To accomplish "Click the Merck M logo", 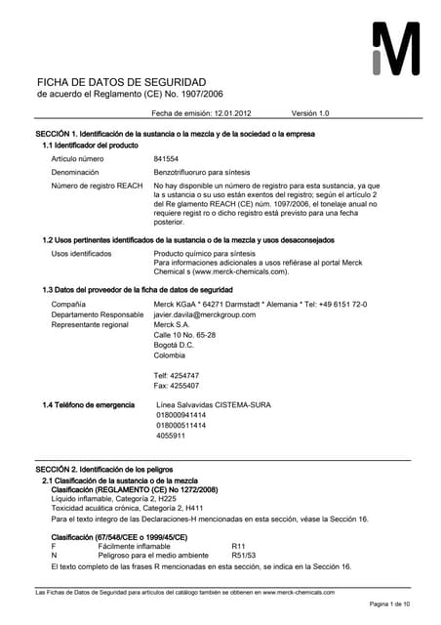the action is [396, 50].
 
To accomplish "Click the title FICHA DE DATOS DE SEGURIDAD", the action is [121, 81].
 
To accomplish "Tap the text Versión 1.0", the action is [311, 113].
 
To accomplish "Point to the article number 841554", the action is [167, 157].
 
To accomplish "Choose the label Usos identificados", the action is [81, 253].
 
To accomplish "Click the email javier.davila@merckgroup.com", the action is [205, 314].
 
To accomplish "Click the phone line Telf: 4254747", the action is [177, 376].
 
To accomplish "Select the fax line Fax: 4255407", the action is [177, 386].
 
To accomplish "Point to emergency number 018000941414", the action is [181, 415].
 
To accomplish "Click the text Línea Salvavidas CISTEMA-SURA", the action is [220, 404].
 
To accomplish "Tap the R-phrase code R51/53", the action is [243, 555].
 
